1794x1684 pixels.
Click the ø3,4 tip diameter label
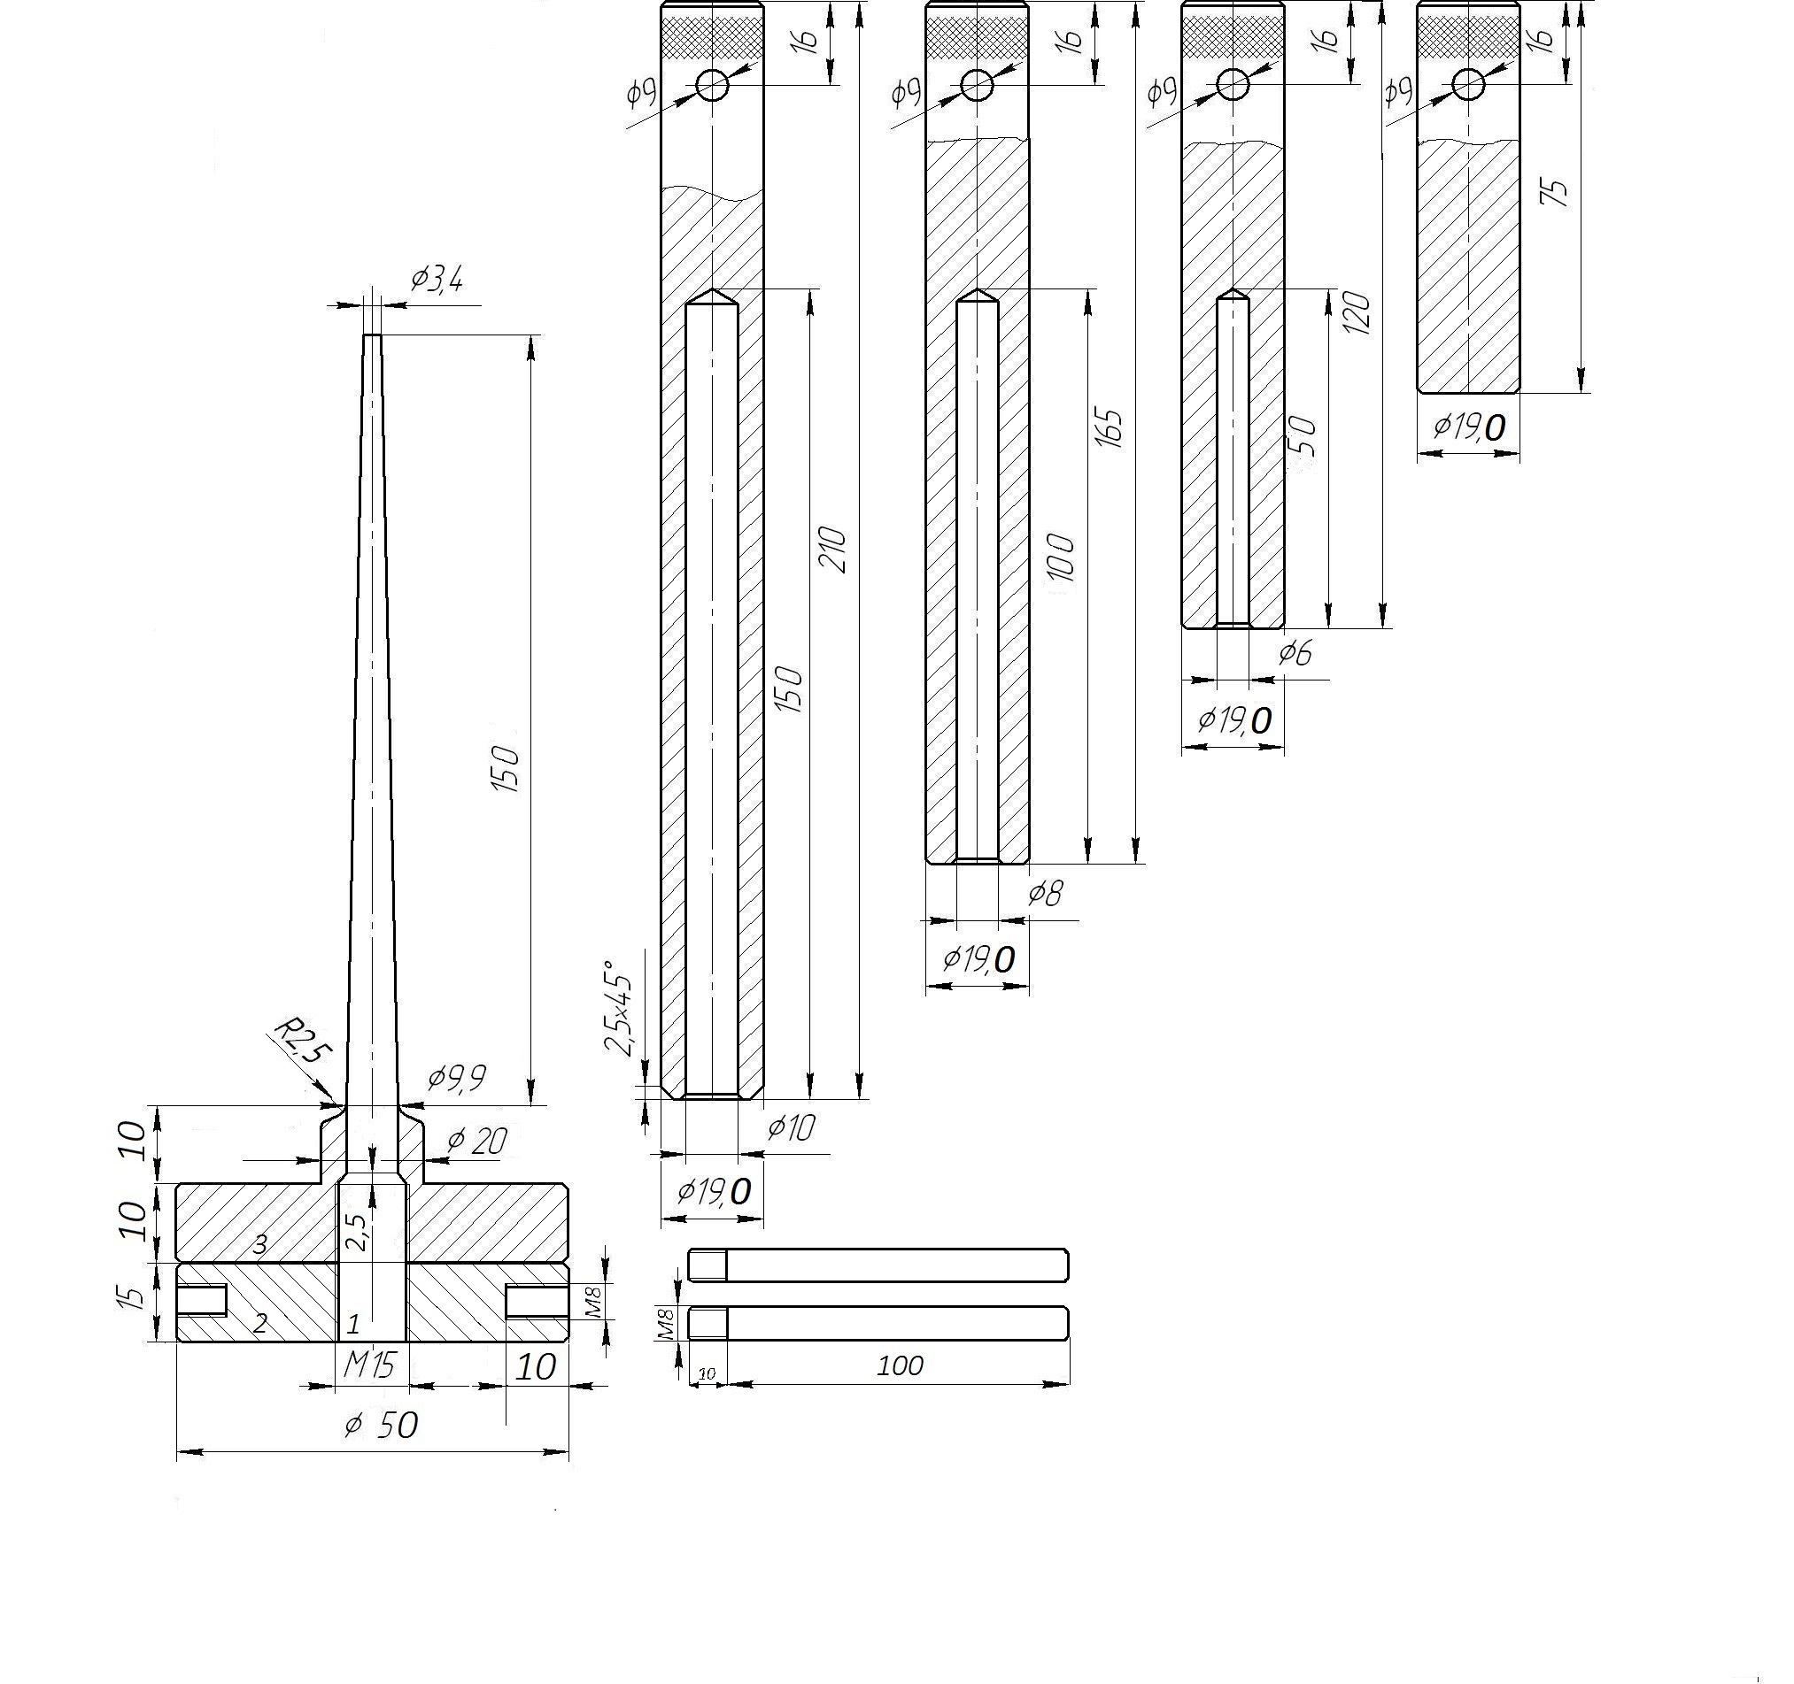coord(437,280)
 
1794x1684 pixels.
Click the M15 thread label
coord(370,1365)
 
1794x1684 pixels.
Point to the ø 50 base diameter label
coord(382,1425)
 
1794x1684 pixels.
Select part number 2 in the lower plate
coord(260,1323)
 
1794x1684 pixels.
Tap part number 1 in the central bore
coord(353,1324)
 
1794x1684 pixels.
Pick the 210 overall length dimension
coord(832,550)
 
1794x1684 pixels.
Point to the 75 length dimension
coord(1558,192)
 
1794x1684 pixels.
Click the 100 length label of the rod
coord(900,1365)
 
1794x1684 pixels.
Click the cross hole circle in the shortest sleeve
coord(1468,85)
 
